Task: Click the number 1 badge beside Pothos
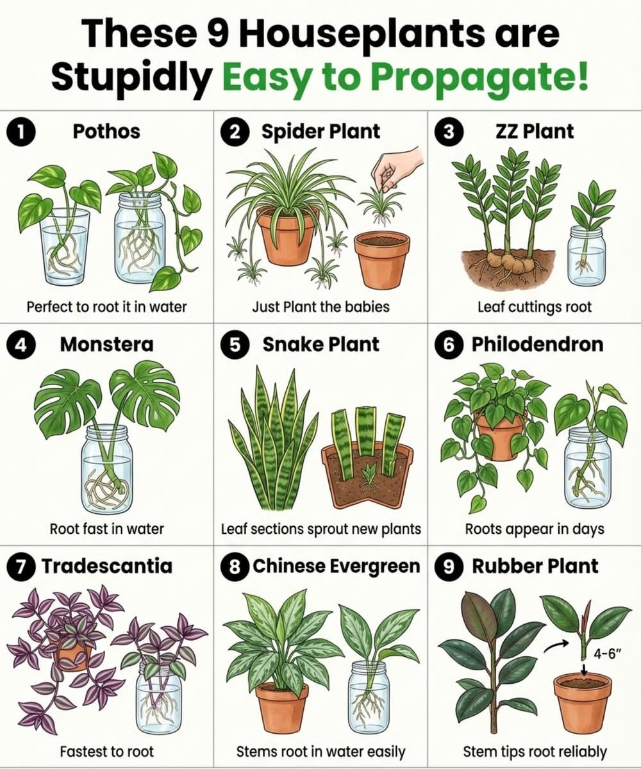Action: pyautogui.click(x=21, y=132)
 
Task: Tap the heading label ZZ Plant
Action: pyautogui.click(x=535, y=131)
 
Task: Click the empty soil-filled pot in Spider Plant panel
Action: pyautogui.click(x=382, y=260)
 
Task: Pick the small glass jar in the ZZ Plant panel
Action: pyautogui.click(x=587, y=256)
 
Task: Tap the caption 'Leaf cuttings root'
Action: pyautogui.click(x=535, y=307)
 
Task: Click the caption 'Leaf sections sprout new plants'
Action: pyautogui.click(x=321, y=529)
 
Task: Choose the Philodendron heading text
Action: pyautogui.click(x=538, y=345)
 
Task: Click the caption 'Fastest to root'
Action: pyautogui.click(x=107, y=751)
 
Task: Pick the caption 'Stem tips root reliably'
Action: pyautogui.click(x=535, y=751)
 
